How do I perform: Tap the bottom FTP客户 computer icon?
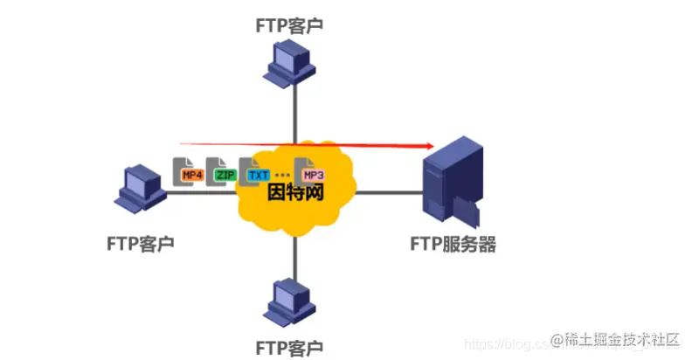click(294, 300)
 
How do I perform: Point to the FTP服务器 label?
click(453, 244)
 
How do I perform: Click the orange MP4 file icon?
click(190, 173)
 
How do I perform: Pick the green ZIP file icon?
click(224, 173)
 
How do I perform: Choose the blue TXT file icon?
click(256, 173)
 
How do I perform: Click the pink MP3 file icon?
click(311, 174)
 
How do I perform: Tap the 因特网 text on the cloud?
click(294, 192)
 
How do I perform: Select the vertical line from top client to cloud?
click(294, 114)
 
